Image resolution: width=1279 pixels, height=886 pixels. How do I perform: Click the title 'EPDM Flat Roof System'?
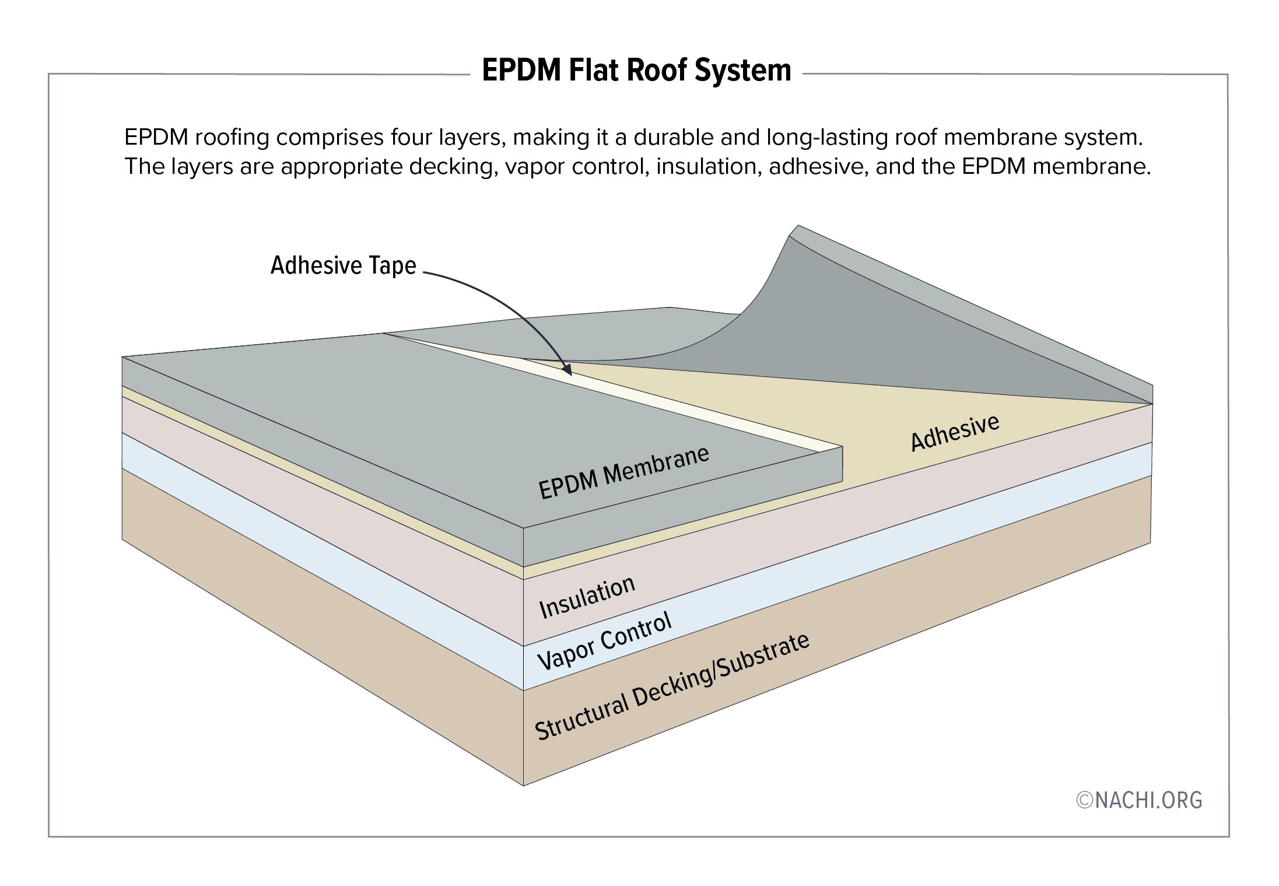(636, 71)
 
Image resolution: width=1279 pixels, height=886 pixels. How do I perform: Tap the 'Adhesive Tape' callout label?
(344, 265)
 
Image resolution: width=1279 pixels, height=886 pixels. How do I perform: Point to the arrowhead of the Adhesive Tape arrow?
(568, 371)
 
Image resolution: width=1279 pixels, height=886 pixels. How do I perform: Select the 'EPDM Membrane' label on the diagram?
(623, 472)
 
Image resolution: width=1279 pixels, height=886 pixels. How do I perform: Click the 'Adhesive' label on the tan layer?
(955, 433)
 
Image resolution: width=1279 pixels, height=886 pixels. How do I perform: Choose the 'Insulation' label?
(587, 597)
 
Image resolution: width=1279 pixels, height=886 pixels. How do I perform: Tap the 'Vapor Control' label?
(604, 642)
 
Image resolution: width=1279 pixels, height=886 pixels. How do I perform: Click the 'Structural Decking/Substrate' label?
(672, 687)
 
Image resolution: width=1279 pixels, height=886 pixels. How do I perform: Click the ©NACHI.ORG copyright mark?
(1138, 800)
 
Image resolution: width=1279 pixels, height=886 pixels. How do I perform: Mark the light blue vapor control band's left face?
(321, 561)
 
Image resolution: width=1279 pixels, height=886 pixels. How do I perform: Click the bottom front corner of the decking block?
(523, 785)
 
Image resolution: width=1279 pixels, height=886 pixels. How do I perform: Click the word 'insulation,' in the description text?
(709, 167)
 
